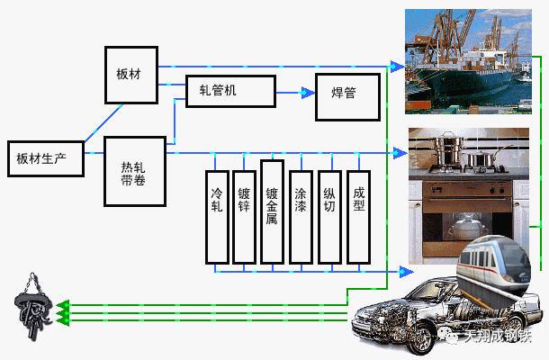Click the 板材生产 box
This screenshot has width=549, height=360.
(46, 159)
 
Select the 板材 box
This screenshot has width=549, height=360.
(130, 72)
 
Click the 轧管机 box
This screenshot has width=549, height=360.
(230, 91)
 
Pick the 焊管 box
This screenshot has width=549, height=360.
(346, 94)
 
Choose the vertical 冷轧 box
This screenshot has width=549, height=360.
(217, 216)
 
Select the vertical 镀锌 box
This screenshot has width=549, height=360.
(244, 216)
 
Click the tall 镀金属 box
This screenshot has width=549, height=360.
(272, 211)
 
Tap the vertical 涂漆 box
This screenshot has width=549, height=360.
(301, 216)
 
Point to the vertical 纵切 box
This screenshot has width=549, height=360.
(329, 216)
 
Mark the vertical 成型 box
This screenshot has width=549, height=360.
(358, 216)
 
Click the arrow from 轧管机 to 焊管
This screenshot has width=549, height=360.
(294, 92)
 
